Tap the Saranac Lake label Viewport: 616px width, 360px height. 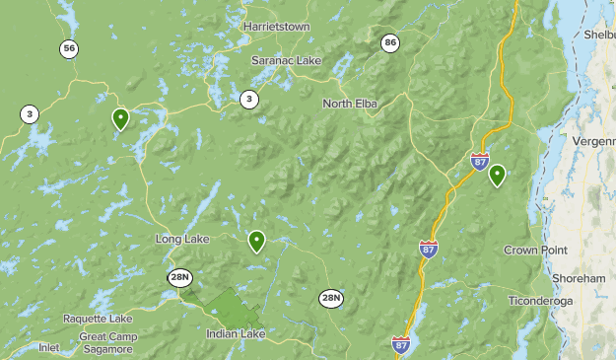point(287,61)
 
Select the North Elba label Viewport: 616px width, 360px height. point(350,104)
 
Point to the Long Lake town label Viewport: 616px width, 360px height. point(182,240)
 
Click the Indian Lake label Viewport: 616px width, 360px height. point(236,334)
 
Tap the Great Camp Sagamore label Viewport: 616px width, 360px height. point(108,343)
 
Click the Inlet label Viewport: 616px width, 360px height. point(48,347)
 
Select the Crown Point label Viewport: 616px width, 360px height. point(535,251)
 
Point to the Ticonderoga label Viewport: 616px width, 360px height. point(541,300)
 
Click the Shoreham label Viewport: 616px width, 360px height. point(580,279)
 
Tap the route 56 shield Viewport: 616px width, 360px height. point(68,48)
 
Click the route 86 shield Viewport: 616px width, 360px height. point(391,42)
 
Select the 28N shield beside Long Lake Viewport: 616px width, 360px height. point(179,278)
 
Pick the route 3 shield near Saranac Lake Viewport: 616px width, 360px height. point(249,98)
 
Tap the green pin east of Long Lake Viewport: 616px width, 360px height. point(256,240)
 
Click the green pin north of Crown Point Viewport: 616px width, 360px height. point(497,175)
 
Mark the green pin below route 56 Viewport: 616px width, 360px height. point(120,118)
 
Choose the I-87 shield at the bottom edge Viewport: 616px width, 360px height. point(401,344)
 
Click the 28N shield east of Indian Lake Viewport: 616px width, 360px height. point(331,298)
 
